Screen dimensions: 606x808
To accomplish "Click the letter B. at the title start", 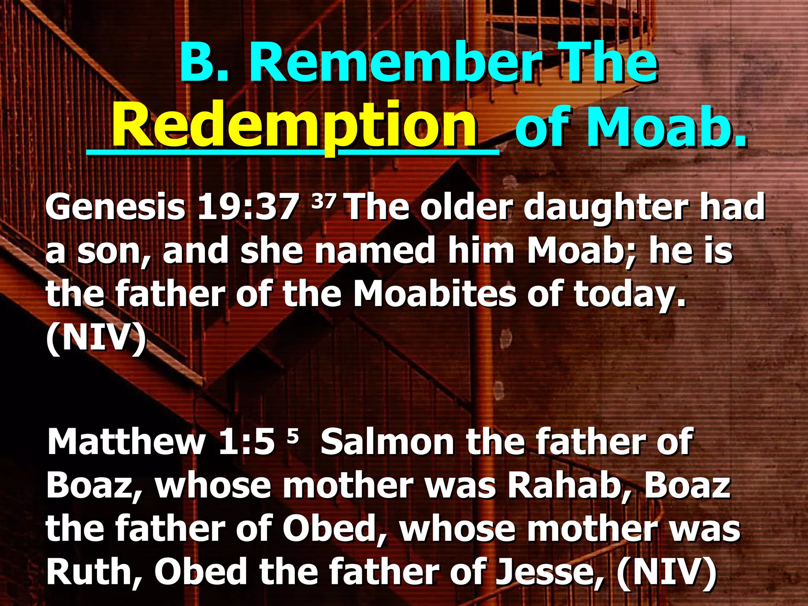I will point(204,63).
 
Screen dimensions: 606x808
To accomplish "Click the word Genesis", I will point(115,208).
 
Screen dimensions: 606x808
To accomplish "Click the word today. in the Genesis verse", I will point(630,295).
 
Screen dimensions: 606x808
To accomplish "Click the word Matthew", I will point(126,442).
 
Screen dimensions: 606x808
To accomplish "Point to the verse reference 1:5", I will point(247,442).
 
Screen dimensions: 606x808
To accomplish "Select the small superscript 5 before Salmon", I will point(292,436).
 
